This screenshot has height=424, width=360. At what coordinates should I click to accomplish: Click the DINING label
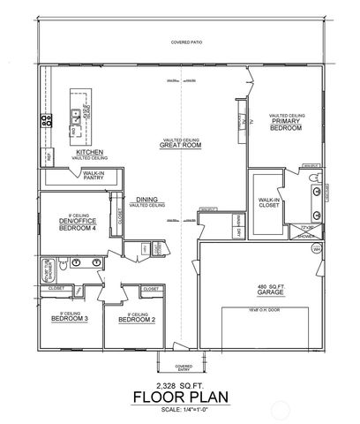147,201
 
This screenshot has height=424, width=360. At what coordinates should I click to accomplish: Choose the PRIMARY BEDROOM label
286,125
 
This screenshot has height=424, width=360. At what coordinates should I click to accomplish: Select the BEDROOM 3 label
67,318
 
